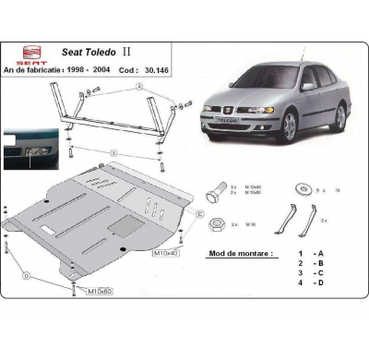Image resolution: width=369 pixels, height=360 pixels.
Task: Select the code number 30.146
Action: [x=161, y=68]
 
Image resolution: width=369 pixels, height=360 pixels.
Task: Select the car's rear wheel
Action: [x=340, y=115]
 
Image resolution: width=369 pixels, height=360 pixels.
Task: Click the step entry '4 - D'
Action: [x=308, y=282]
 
